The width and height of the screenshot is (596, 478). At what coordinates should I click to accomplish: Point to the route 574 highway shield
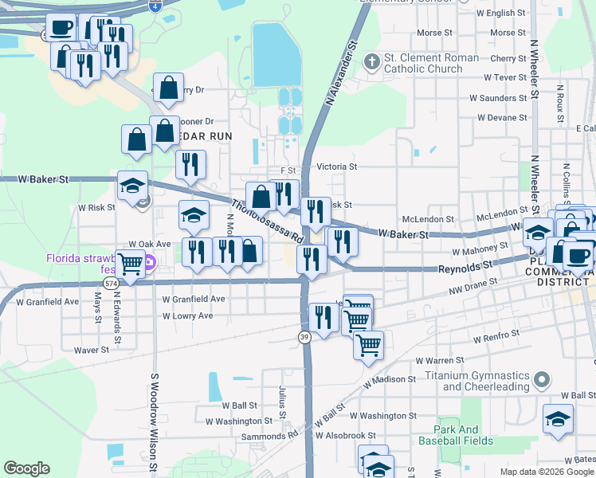pyautogui.click(x=111, y=283)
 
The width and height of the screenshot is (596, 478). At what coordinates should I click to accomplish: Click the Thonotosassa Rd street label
pyautogui.click(x=268, y=221)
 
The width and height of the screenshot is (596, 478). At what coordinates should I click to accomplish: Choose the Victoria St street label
pyautogui.click(x=336, y=167)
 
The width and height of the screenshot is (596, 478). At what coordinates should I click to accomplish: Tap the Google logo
pyautogui.click(x=26, y=468)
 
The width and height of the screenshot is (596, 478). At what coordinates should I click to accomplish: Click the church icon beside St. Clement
pyautogui.click(x=371, y=61)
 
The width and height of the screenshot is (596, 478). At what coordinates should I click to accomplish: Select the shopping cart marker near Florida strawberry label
pyautogui.click(x=131, y=263)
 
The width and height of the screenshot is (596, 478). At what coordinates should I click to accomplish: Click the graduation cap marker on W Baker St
pyautogui.click(x=132, y=187)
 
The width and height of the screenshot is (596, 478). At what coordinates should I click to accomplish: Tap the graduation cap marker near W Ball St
pyautogui.click(x=558, y=418)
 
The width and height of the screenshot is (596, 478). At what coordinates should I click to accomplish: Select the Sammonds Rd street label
pyautogui.click(x=269, y=435)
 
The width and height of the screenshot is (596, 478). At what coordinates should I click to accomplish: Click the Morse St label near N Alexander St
pyautogui.click(x=429, y=33)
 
